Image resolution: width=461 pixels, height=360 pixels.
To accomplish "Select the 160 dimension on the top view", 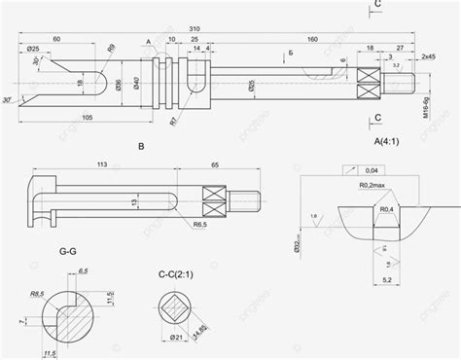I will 312,38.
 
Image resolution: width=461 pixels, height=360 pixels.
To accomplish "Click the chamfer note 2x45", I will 428,57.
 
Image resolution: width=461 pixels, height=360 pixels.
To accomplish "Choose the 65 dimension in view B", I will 215,166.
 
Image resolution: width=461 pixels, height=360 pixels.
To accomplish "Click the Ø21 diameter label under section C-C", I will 178,337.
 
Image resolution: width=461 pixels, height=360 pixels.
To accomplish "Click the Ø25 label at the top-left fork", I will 33,49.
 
